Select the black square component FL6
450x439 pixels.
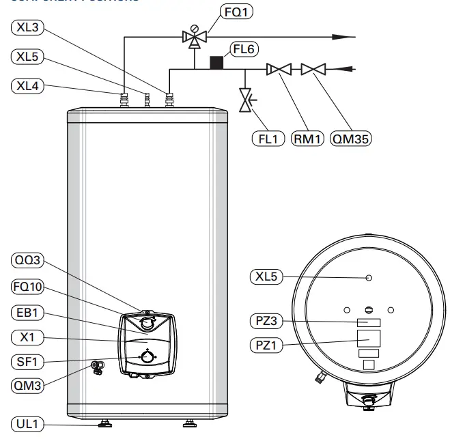pyautogui.click(x=216, y=62)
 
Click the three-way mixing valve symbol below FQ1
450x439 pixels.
pyautogui.click(x=194, y=38)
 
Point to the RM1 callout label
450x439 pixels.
pyautogui.click(x=305, y=139)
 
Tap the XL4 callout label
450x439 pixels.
pyautogui.click(x=27, y=86)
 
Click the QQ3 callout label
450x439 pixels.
pyautogui.click(x=28, y=260)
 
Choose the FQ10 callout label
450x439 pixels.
pyautogui.click(x=28, y=286)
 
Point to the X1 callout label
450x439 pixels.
pyautogui.click(x=28, y=337)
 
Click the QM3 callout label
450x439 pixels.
pyautogui.click(x=28, y=386)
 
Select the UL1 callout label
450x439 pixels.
pyautogui.click(x=28, y=425)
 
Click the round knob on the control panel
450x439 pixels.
pyautogui.click(x=146, y=356)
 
